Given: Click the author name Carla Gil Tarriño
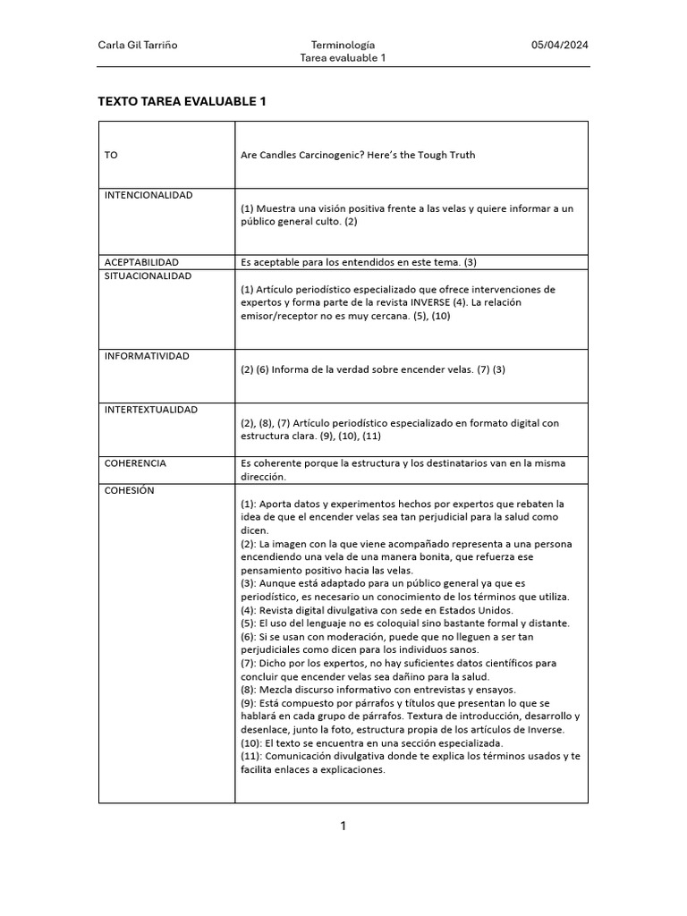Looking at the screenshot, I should pos(137,45).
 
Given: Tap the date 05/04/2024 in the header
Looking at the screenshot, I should pos(560,45).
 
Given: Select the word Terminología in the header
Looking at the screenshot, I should pos(343,45).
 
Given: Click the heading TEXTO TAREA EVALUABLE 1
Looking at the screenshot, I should pos(182,102).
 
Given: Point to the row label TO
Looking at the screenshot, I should pos(111,155).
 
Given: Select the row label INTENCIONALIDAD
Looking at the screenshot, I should pos(148,195).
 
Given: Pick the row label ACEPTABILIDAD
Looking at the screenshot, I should pos(141,262).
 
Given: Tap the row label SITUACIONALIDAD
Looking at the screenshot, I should pos(148,276).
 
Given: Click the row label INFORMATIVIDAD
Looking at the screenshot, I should pos(147,356).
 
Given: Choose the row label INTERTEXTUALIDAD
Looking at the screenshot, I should pos(151,410).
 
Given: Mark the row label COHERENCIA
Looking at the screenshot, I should pos(135,463).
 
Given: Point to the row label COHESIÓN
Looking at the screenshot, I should pos(130,490).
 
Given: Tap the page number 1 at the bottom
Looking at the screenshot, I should pos(343,826).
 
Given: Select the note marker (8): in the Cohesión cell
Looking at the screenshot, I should pos(250,690).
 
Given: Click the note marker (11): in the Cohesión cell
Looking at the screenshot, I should pos(252,756).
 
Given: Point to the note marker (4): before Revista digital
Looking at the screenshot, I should pos(250,610).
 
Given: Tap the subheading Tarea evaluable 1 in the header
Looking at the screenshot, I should pos(343,58).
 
